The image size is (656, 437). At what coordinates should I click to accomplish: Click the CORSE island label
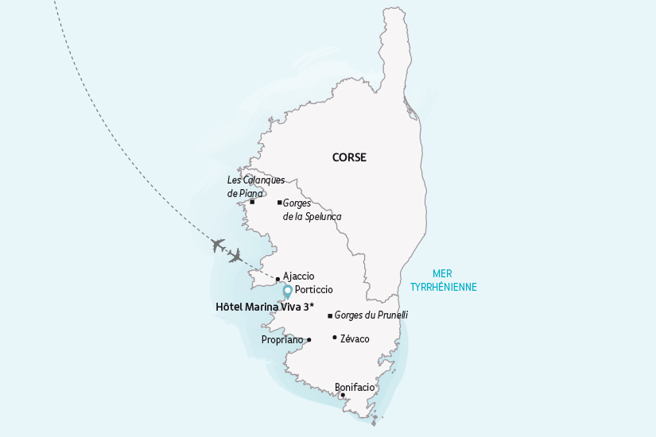click(349, 157)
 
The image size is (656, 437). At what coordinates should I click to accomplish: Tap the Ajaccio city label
click(299, 277)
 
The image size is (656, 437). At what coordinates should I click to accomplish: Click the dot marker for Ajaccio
click(278, 279)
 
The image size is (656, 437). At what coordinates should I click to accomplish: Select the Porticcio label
click(313, 290)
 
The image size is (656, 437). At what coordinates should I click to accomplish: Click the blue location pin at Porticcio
click(288, 291)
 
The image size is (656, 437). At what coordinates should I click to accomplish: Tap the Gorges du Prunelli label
click(371, 315)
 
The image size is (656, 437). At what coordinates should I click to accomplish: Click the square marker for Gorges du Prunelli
click(330, 316)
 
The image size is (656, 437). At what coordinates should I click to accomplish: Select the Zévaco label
click(355, 338)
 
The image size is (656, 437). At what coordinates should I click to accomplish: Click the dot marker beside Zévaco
click(335, 338)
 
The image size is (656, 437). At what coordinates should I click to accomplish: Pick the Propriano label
click(282, 340)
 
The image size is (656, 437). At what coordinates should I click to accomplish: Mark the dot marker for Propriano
click(309, 340)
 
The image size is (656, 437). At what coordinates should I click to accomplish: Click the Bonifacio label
click(355, 387)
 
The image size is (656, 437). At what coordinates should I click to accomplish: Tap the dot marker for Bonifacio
click(342, 395)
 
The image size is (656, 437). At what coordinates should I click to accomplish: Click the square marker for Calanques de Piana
click(252, 202)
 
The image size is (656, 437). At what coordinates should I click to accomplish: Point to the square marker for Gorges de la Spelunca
click(279, 203)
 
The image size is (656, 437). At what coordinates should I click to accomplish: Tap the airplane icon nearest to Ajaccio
click(235, 256)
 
